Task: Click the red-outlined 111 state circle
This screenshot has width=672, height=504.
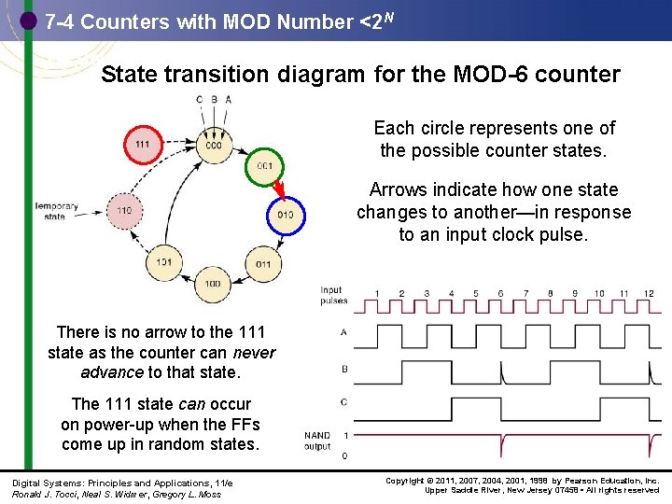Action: coord(143,145)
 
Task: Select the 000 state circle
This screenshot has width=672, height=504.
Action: coord(214,146)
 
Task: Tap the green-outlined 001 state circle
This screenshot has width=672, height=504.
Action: coord(263,166)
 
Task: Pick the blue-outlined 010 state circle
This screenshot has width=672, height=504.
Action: coord(285,215)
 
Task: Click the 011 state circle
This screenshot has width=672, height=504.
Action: coord(263,264)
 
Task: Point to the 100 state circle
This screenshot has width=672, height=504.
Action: coord(213,283)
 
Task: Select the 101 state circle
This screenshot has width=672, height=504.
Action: coord(164,262)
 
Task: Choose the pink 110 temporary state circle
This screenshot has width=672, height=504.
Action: coord(124,211)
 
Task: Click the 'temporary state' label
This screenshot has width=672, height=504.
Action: coord(56,211)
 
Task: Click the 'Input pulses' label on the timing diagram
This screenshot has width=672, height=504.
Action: coord(333,295)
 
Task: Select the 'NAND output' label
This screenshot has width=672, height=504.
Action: coord(317,441)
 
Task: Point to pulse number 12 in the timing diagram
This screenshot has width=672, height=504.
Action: coord(648,294)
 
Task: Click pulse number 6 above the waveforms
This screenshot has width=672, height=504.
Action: coord(500,294)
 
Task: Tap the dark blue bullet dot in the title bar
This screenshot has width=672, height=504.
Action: coord(29,20)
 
